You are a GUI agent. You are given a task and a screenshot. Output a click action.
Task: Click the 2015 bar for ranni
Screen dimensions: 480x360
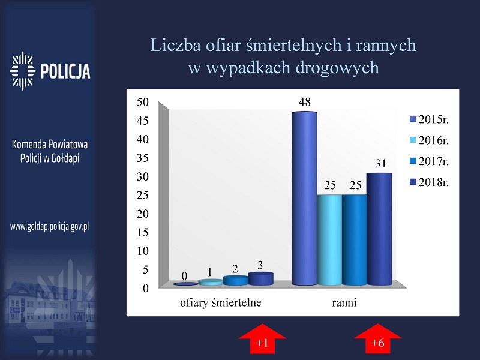[304, 199]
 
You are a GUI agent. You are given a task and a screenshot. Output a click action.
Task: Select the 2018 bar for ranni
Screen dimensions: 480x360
[379, 229]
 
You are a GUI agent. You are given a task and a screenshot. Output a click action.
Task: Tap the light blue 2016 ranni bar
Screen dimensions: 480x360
[329, 239]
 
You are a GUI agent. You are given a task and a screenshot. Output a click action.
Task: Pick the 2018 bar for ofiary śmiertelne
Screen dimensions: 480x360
[260, 278]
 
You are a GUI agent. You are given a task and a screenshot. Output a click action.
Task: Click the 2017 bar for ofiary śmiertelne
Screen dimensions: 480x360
[235, 280]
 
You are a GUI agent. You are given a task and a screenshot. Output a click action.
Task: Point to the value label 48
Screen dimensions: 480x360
[305, 102]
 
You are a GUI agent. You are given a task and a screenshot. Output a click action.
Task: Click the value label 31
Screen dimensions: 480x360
[380, 163]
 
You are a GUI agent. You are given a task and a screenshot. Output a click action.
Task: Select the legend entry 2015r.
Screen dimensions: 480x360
[429, 119]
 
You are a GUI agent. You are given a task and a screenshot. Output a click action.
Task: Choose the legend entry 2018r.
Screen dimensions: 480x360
[429, 182]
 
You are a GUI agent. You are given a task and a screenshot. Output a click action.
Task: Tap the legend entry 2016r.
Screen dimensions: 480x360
[429, 140]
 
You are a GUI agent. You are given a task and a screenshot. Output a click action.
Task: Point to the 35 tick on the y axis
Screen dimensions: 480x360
[142, 158]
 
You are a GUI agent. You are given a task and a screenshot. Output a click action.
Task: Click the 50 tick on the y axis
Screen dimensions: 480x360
[142, 102]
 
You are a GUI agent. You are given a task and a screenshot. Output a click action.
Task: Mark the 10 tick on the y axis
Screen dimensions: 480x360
[142, 251]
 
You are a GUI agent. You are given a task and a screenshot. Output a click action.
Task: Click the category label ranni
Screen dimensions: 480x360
[344, 303]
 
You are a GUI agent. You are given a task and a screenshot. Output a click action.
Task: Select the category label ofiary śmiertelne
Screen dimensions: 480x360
[221, 303]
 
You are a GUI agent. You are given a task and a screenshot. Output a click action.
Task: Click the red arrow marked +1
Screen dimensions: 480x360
[262, 338]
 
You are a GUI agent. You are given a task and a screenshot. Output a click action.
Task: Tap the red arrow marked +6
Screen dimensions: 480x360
[377, 338]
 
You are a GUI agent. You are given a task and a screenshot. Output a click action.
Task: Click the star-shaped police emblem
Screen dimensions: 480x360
[22, 71]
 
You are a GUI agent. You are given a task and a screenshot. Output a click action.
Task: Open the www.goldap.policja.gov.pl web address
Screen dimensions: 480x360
[50, 227]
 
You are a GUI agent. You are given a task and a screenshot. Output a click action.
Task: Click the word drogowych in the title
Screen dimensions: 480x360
[337, 68]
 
